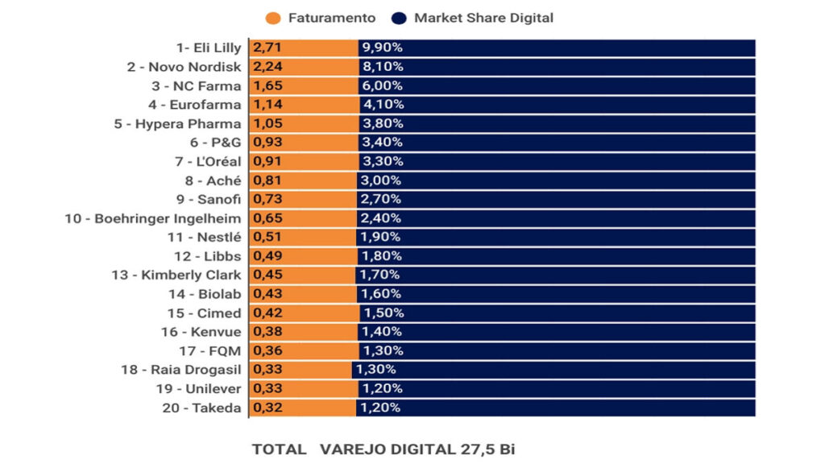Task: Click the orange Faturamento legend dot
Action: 273,18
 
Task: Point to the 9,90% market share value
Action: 382,48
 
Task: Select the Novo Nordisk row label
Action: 184,67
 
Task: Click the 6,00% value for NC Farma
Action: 383,86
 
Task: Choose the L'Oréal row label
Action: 207,161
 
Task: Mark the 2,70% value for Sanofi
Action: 382,199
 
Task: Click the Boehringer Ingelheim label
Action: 153,218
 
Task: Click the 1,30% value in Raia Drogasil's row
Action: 375,370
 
